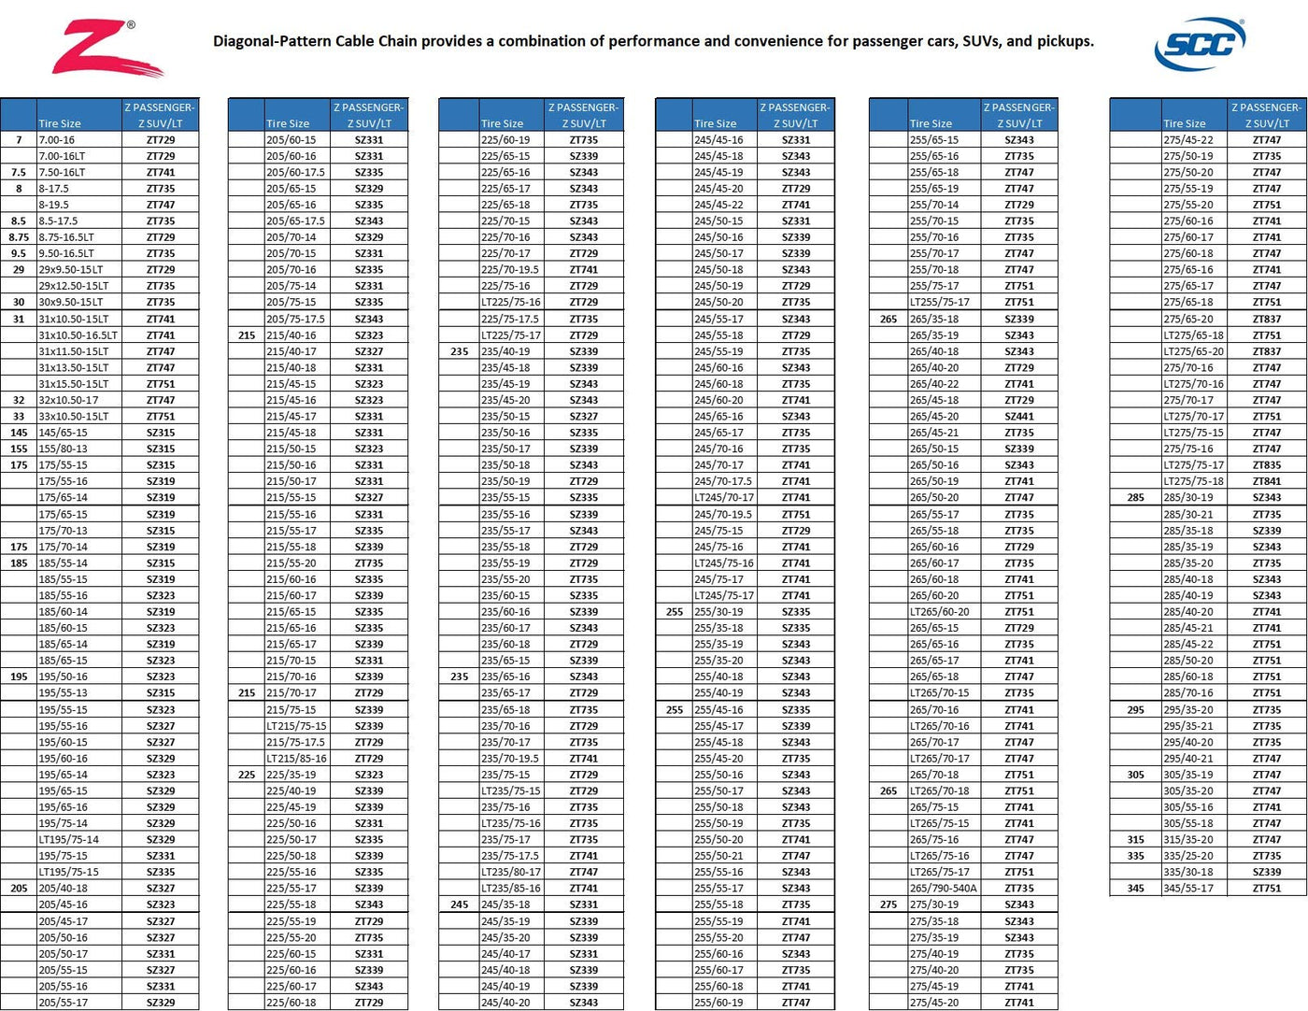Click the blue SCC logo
point(1200,43)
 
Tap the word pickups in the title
point(1063,41)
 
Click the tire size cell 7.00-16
point(56,140)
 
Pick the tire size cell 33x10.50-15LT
point(73,417)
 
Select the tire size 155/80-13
point(63,449)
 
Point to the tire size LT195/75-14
point(68,840)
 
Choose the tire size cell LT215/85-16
point(296,759)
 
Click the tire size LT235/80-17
point(510,873)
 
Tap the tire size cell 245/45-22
point(718,206)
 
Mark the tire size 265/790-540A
point(943,889)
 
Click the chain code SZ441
point(1019,417)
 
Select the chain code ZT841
point(1267,482)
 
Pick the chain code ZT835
point(1267,465)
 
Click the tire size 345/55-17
point(1188,889)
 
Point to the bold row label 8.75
point(19,237)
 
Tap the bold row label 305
point(1135,775)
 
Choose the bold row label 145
point(19,434)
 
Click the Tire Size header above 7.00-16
point(60,123)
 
